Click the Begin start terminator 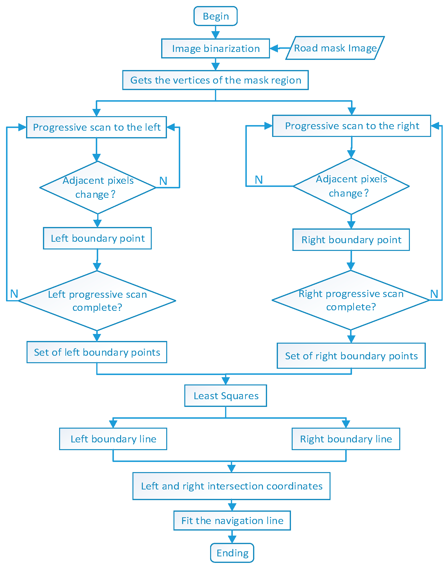tap(215, 16)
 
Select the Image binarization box tap(215, 49)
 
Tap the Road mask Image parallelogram tap(335, 48)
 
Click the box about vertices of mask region tap(215, 80)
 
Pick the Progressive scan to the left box tap(96, 127)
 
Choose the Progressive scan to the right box tap(352, 126)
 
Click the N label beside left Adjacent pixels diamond tap(163, 181)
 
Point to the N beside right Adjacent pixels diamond tap(259, 180)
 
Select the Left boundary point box tap(97, 238)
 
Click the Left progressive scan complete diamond tap(97, 301)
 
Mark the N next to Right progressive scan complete tap(434, 294)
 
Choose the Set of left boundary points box tap(97, 352)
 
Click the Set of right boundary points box tap(351, 356)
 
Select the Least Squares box tap(226, 396)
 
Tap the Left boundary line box tap(113, 439)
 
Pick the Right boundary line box tap(346, 439)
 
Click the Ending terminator tap(232, 553)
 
